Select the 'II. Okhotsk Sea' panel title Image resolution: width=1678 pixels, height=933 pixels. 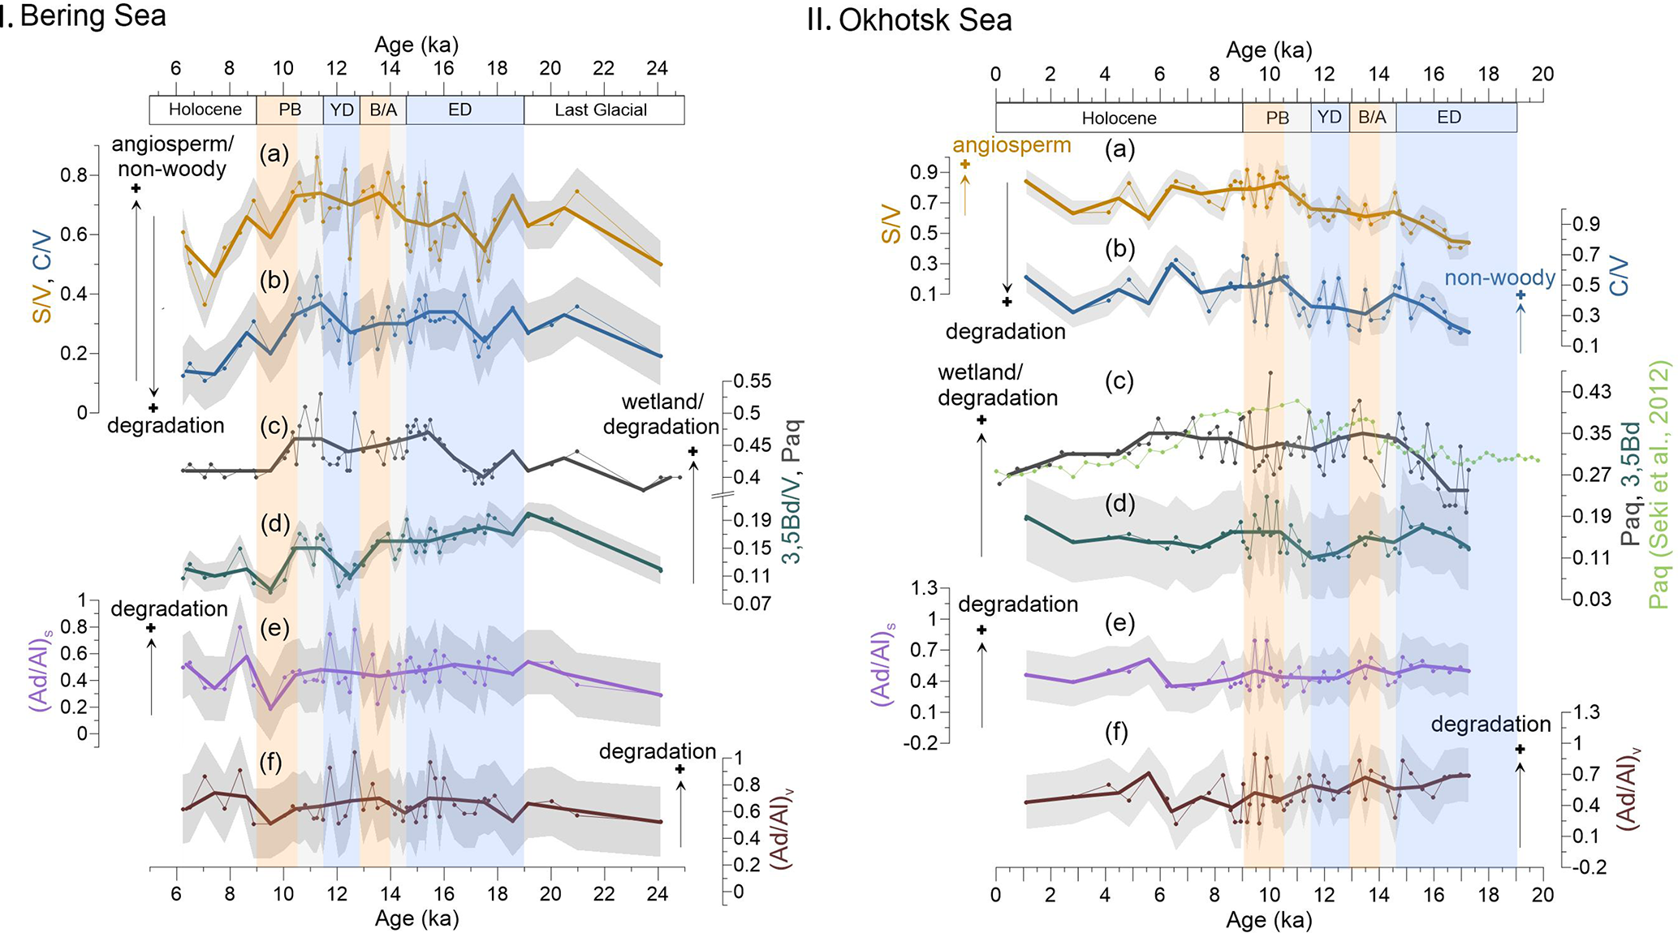click(909, 20)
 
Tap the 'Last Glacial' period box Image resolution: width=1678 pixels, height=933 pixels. click(601, 110)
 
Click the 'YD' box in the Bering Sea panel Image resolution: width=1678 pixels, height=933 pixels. click(342, 110)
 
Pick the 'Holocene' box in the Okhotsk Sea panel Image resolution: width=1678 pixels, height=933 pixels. click(1119, 118)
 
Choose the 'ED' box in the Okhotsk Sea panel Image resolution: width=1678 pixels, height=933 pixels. click(1449, 118)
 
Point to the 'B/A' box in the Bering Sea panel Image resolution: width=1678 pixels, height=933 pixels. click(383, 110)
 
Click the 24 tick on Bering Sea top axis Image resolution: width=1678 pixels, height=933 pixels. click(657, 69)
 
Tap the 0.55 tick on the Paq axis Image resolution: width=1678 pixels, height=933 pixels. click(752, 381)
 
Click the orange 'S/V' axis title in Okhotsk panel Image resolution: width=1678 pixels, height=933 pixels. click(891, 224)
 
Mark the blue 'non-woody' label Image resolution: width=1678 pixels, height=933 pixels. click(1499, 278)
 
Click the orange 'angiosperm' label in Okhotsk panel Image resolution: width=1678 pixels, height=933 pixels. click(1012, 145)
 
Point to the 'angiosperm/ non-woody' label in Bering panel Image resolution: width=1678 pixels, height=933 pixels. click(172, 156)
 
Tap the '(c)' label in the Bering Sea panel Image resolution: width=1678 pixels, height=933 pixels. click(274, 426)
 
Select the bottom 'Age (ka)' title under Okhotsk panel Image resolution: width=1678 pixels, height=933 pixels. click(1269, 920)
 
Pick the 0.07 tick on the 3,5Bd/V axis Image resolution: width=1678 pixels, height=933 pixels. click(752, 604)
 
